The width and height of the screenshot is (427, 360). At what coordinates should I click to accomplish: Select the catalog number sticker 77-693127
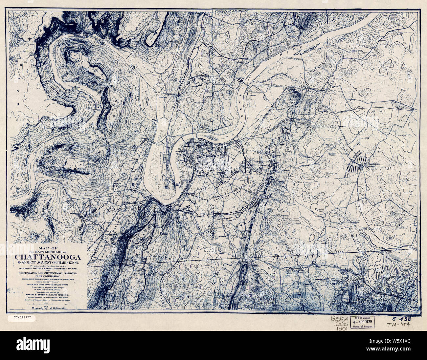(23, 318)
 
